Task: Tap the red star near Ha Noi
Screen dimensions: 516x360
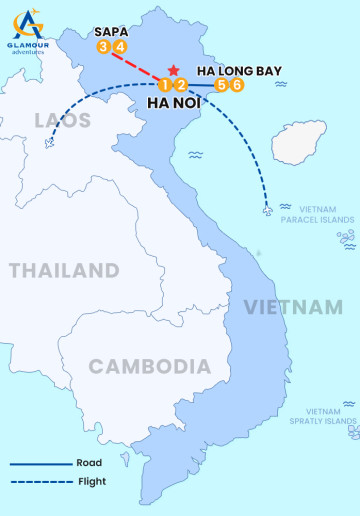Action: pos(174,71)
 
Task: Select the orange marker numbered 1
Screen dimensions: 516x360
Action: pos(163,85)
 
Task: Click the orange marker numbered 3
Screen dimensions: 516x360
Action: pos(104,46)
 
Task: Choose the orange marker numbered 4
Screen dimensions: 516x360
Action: pos(119,46)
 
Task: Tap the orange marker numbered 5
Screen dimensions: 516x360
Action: pos(222,85)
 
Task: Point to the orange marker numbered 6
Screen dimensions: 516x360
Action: pos(237,85)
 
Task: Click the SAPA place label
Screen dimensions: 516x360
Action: pos(110,31)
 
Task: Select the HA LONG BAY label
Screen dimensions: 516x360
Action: pos(240,71)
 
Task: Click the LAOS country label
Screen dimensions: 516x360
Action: pos(62,121)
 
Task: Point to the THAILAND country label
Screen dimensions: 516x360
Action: pos(64,270)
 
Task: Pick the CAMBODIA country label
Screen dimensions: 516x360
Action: pos(150,366)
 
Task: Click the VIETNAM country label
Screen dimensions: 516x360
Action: pos(294,306)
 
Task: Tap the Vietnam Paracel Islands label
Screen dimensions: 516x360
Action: pos(317,214)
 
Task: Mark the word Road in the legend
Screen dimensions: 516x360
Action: pos(88,463)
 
